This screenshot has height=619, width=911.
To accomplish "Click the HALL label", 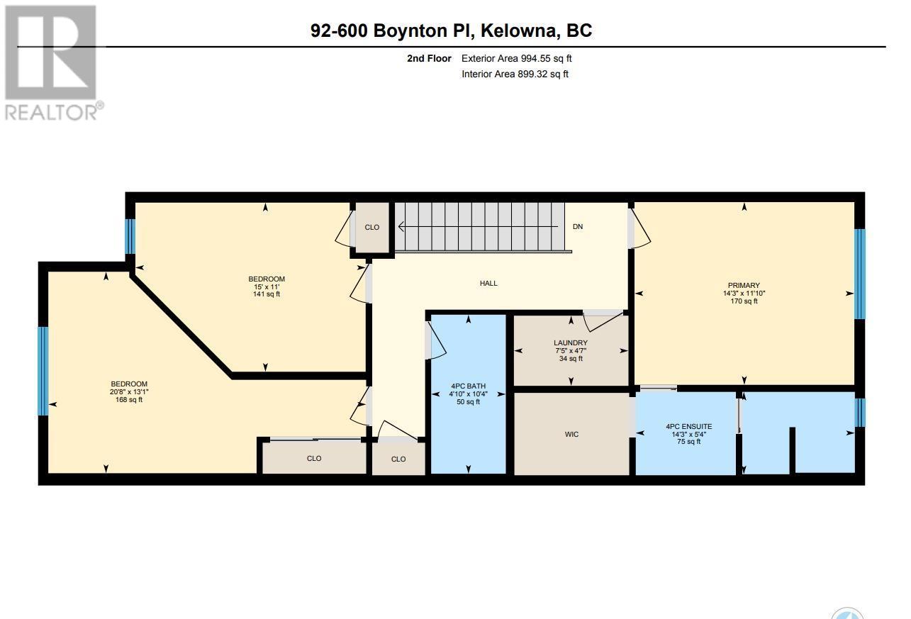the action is click(x=488, y=283).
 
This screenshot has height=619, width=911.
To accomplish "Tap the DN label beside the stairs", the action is click(x=578, y=226).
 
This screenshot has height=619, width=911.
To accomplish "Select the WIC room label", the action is click(x=571, y=435).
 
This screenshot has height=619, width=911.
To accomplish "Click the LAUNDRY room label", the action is click(x=571, y=343).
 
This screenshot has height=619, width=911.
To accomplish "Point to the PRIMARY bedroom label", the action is click(x=744, y=286).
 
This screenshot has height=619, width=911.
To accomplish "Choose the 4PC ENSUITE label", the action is click(x=689, y=427).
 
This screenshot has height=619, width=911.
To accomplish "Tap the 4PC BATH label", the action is click(x=468, y=386).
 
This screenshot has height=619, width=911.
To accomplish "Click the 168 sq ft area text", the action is click(x=129, y=400).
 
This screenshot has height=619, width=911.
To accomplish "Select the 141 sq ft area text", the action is click(x=267, y=294).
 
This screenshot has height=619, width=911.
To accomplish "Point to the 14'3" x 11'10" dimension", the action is click(x=744, y=294).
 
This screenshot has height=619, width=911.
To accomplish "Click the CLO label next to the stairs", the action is click(x=371, y=228).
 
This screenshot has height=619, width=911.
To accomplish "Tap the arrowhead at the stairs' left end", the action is click(x=401, y=226).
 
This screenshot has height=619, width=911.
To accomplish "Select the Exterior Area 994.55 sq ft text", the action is click(x=517, y=59).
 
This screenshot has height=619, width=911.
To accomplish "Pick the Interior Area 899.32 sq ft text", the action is click(x=515, y=74).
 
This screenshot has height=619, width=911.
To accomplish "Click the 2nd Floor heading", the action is click(x=429, y=59).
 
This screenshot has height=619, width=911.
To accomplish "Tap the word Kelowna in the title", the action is click(x=520, y=31).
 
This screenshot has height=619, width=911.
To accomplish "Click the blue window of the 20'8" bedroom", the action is click(x=43, y=371).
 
